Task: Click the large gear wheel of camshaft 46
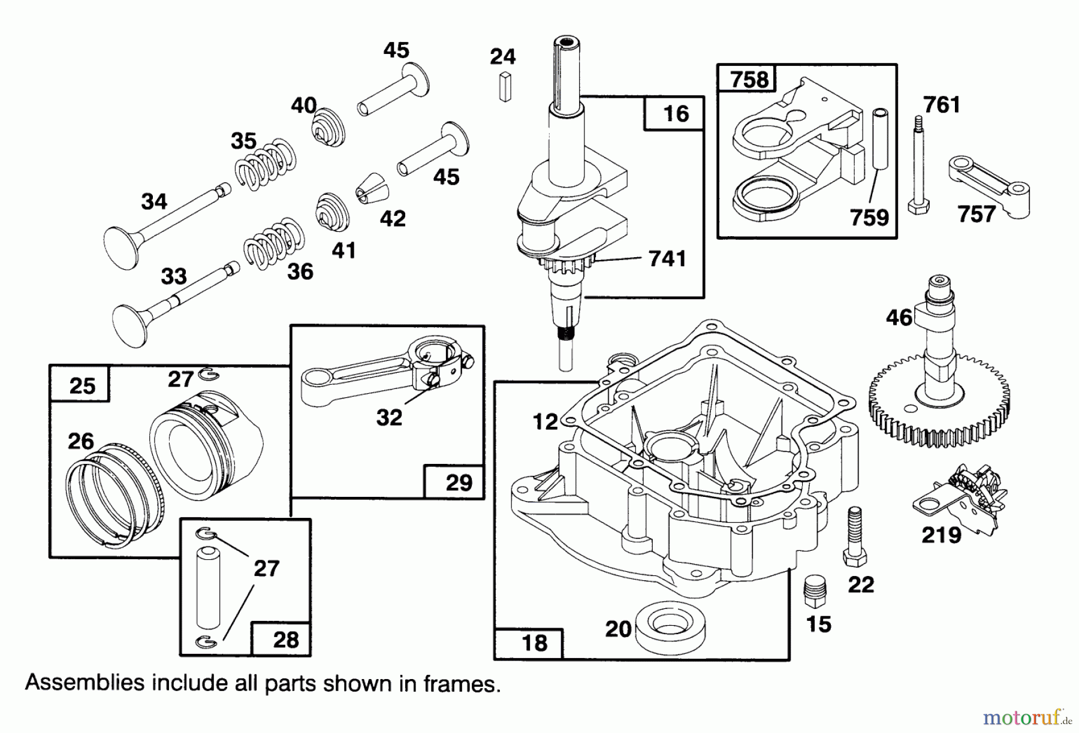pyautogui.click(x=939, y=408)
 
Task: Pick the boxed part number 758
pyautogui.click(x=749, y=79)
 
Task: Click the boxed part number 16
pyautogui.click(x=676, y=114)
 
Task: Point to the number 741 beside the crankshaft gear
pyautogui.click(x=667, y=258)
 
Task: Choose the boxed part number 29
pyautogui.click(x=459, y=482)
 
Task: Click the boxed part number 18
pyautogui.click(x=534, y=643)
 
